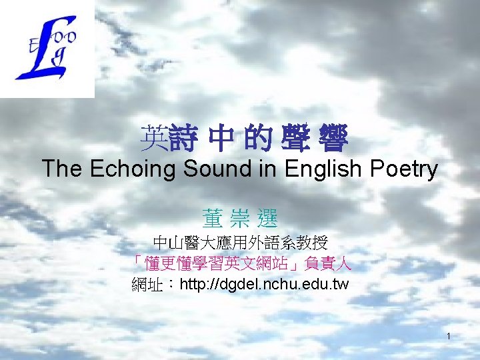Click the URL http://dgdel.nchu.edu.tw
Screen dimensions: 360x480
264,285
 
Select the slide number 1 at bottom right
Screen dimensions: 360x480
449,335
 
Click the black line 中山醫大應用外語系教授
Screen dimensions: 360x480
240,241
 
